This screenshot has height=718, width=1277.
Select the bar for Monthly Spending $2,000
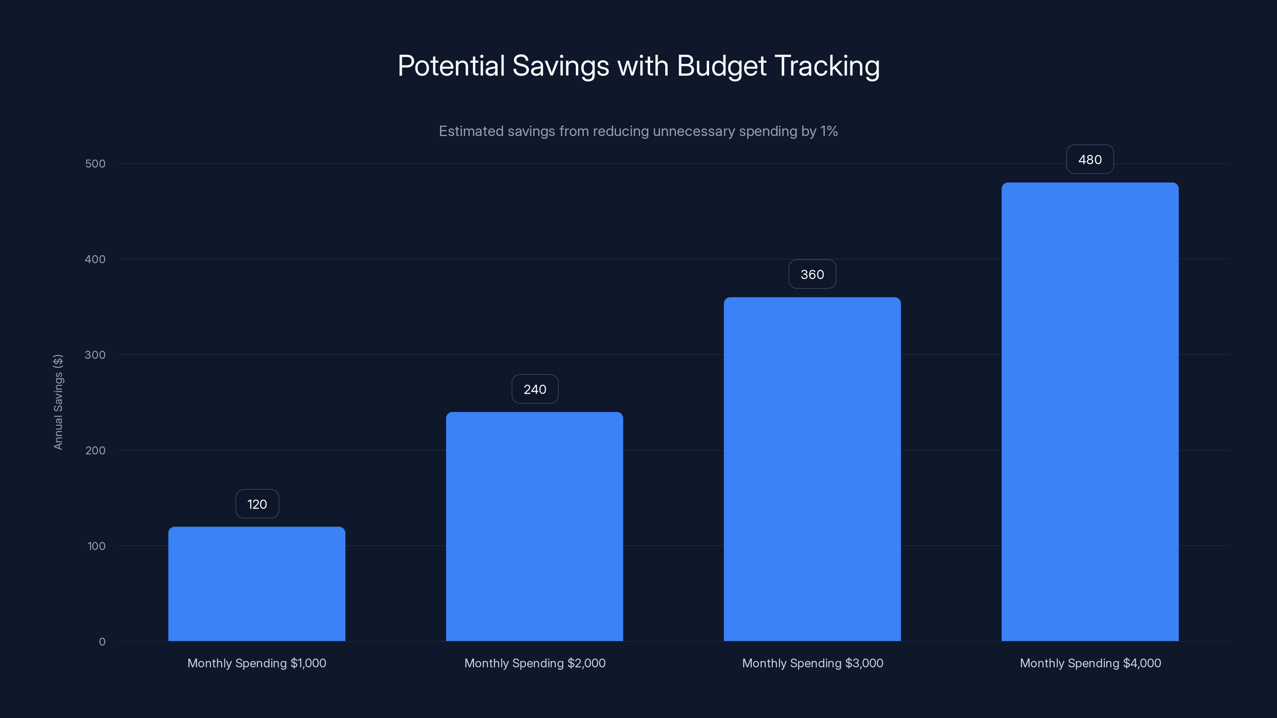point(534,526)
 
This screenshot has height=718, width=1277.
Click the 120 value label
point(257,504)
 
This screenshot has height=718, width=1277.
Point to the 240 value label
point(535,389)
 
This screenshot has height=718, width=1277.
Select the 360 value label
point(812,274)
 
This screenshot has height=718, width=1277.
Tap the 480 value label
point(1089,160)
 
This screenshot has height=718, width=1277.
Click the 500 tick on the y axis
point(95,164)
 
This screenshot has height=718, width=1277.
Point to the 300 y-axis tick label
point(95,355)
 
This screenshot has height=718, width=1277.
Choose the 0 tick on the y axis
point(102,642)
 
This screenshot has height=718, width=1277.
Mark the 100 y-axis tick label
point(96,546)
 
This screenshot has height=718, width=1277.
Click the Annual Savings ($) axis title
point(58,402)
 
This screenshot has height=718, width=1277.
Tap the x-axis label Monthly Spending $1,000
point(257,663)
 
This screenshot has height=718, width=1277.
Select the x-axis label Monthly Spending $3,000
point(812,663)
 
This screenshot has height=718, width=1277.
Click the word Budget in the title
point(721,66)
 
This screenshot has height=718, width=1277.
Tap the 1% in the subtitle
point(828,131)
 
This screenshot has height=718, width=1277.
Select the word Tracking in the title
point(826,66)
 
